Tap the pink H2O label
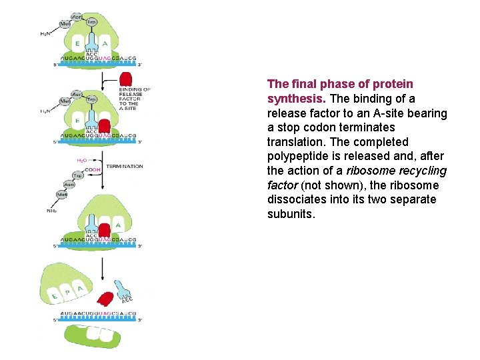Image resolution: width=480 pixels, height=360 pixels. (x=81, y=160)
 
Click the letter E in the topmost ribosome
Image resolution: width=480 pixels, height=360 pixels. (x=77, y=44)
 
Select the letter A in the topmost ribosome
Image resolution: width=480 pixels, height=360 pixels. (x=105, y=44)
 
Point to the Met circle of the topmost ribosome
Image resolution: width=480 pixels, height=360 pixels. (x=65, y=23)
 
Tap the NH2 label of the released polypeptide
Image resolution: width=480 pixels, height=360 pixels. (x=51, y=211)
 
